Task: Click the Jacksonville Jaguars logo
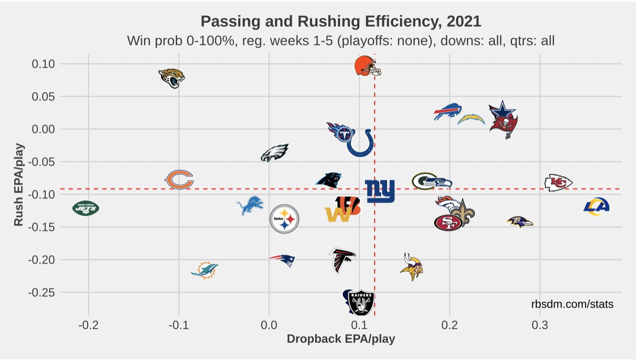click(x=171, y=78)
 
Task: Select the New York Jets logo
click(x=86, y=208)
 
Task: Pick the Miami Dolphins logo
click(x=204, y=270)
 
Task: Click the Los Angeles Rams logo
click(x=596, y=207)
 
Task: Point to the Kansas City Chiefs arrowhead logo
click(x=558, y=182)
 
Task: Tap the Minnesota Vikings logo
click(x=412, y=267)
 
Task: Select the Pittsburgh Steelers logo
click(x=284, y=219)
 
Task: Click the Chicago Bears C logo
click(x=179, y=180)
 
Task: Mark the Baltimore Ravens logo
click(x=519, y=222)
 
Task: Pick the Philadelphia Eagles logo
click(x=274, y=153)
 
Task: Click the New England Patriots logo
click(x=282, y=260)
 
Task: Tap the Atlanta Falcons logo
click(x=342, y=260)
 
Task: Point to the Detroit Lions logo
click(x=250, y=206)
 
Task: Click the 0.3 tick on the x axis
click(x=540, y=325)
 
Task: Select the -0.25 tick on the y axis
click(x=41, y=292)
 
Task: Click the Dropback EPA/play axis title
click(x=341, y=339)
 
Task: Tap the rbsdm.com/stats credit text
click(x=572, y=304)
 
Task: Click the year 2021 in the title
click(x=464, y=21)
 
